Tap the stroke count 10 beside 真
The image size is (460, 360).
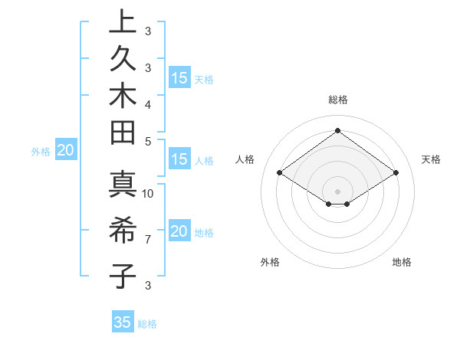click(x=149, y=193)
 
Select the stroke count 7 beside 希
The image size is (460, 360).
click(x=148, y=240)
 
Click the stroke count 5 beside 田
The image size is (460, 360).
click(x=148, y=141)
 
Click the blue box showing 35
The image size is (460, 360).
click(x=123, y=322)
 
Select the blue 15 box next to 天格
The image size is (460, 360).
click(x=179, y=78)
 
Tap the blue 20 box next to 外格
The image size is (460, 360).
click(x=65, y=150)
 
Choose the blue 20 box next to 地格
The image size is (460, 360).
click(x=179, y=231)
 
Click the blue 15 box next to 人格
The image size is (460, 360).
click(x=179, y=160)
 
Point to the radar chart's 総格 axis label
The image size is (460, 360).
click(x=338, y=100)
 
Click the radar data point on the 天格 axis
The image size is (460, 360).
click(x=396, y=173)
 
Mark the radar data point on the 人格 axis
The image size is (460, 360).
click(x=280, y=173)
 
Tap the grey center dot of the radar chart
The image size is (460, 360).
click(x=338, y=191)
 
